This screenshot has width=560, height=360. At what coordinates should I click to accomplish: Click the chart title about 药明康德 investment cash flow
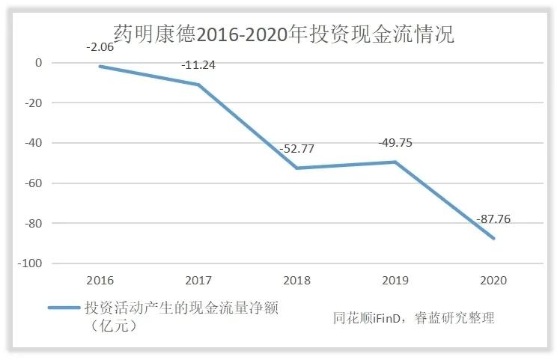[284, 34]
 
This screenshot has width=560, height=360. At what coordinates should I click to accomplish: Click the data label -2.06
[100, 47]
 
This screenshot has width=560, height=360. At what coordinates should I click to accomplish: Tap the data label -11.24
[198, 65]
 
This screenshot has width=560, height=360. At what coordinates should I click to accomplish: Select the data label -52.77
[296, 148]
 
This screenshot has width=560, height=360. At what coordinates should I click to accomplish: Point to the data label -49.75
[396, 142]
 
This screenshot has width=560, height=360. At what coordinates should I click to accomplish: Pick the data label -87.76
[493, 219]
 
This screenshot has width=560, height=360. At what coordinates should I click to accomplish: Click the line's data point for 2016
[100, 67]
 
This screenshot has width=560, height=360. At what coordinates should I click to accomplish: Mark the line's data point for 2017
[198, 85]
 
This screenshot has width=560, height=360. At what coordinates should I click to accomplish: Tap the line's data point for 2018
[297, 168]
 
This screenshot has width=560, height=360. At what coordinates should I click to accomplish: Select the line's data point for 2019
[395, 162]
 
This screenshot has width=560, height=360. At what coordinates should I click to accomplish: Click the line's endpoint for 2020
[493, 238]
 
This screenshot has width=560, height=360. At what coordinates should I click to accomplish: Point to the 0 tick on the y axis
[37, 63]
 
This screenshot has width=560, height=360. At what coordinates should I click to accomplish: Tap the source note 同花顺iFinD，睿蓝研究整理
[414, 318]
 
